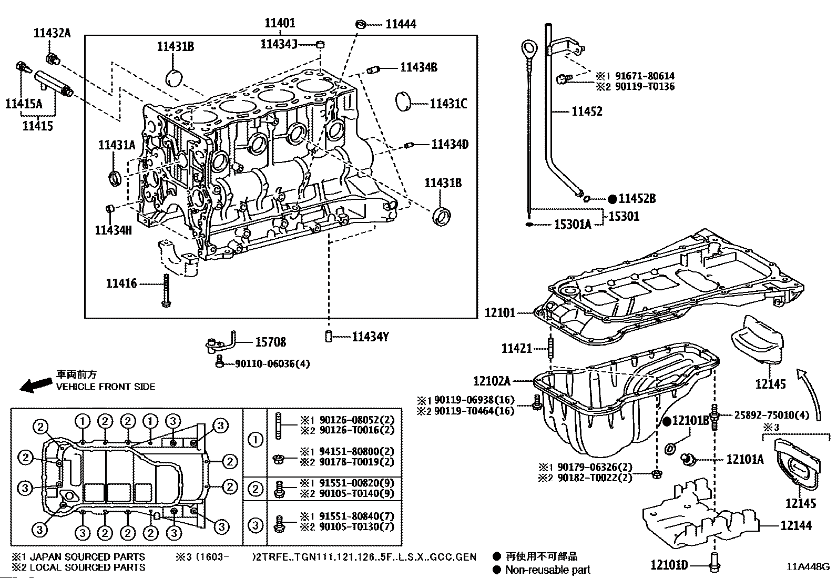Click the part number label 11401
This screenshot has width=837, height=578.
(280, 23)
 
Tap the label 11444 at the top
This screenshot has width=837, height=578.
(401, 24)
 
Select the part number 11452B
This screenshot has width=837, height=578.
(637, 199)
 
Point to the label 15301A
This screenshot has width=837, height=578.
(573, 225)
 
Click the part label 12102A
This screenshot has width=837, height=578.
(492, 381)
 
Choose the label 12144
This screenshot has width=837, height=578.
(795, 525)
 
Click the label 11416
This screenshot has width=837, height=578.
(121, 284)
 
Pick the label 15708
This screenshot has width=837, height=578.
(270, 342)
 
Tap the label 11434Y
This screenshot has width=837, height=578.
(370, 337)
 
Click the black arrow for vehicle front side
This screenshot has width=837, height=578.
(34, 384)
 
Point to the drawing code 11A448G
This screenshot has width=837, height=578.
(808, 567)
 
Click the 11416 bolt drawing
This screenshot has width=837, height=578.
(166, 290)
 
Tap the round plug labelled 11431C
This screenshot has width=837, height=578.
(404, 102)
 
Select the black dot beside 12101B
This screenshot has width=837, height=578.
(666, 421)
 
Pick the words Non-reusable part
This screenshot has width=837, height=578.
(547, 570)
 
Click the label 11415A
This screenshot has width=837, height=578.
(23, 104)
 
